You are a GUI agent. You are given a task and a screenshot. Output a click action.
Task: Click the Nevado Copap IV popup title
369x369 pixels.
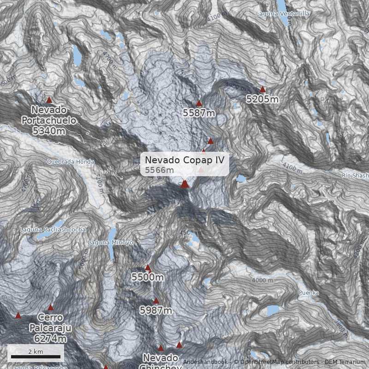pyautogui.click(x=184, y=160)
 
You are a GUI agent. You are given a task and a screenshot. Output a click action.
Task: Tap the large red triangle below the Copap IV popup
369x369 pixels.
pyautogui.click(x=185, y=184)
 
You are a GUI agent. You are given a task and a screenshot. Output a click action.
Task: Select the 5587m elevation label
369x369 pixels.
pyautogui.click(x=199, y=113)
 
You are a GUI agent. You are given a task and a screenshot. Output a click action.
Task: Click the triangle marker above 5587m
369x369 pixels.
pyautogui.click(x=199, y=103)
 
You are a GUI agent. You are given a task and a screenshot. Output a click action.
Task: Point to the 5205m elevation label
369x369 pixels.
pyautogui.click(x=262, y=99)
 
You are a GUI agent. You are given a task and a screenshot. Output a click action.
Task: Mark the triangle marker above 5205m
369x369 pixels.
pyautogui.click(x=263, y=89)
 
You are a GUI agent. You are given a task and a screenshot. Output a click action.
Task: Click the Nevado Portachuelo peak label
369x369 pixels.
pyautogui.click(x=49, y=120)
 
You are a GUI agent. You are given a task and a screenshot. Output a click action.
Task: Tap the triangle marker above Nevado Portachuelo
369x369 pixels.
pyautogui.click(x=49, y=100)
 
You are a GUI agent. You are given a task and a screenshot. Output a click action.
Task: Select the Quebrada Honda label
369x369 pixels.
pyautogui.click(x=70, y=162)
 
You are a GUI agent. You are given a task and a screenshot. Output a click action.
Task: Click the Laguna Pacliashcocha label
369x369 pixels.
pyautogui.click(x=52, y=229)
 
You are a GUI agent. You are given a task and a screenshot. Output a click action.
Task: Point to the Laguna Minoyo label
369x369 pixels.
pyautogui.click(x=110, y=243)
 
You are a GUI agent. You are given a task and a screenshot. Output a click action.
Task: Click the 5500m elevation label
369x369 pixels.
pyautogui.click(x=148, y=277)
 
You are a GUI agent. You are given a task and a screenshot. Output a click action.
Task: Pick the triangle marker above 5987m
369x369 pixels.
pyautogui.click(x=156, y=301)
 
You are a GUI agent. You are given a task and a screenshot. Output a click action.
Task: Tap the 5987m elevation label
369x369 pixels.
pyautogui.click(x=156, y=310)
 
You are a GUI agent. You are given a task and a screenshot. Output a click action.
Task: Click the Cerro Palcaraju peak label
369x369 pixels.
pyautogui.click(x=50, y=328)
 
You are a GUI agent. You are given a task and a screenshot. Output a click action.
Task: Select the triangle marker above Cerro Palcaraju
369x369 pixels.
pyautogui.click(x=50, y=308)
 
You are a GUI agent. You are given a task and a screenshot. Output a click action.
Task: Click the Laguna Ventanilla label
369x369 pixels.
pyautogui.click(x=283, y=14)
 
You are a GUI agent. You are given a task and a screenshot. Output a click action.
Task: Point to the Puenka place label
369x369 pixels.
pyautogui.click(x=309, y=293)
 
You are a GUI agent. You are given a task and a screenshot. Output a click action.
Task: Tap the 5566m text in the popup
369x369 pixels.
pyautogui.click(x=160, y=170)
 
